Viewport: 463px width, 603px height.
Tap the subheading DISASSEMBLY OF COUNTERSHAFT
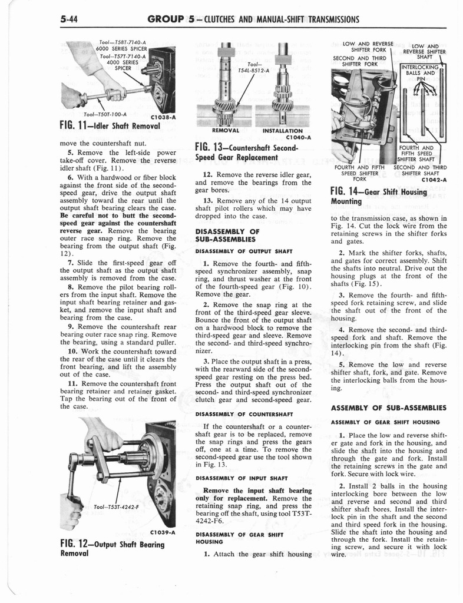click(237, 413)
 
